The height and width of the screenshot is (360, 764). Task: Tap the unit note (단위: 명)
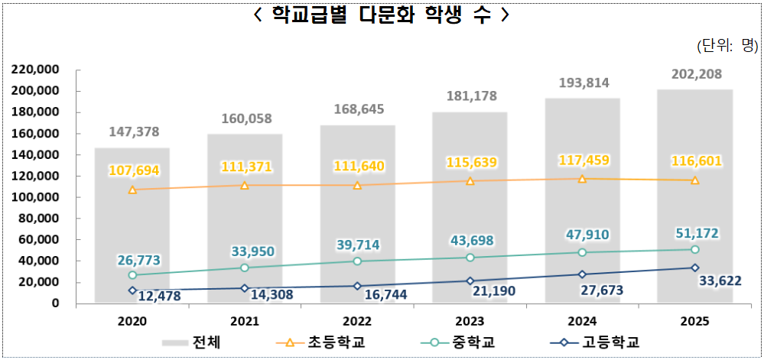pyautogui.click(x=726, y=46)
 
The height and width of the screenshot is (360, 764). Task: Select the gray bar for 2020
pyautogui.click(x=132, y=229)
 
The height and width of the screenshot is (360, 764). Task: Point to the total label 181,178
pyautogui.click(x=470, y=96)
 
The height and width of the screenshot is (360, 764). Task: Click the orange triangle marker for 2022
pyautogui.click(x=357, y=185)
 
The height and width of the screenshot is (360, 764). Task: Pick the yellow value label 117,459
pyautogui.click(x=583, y=161)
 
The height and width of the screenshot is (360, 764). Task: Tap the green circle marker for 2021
pyautogui.click(x=245, y=268)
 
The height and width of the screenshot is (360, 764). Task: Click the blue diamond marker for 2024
pyautogui.click(x=583, y=274)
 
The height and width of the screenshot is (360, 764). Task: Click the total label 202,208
pyautogui.click(x=695, y=75)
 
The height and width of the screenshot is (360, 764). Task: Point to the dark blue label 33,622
pyautogui.click(x=728, y=281)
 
